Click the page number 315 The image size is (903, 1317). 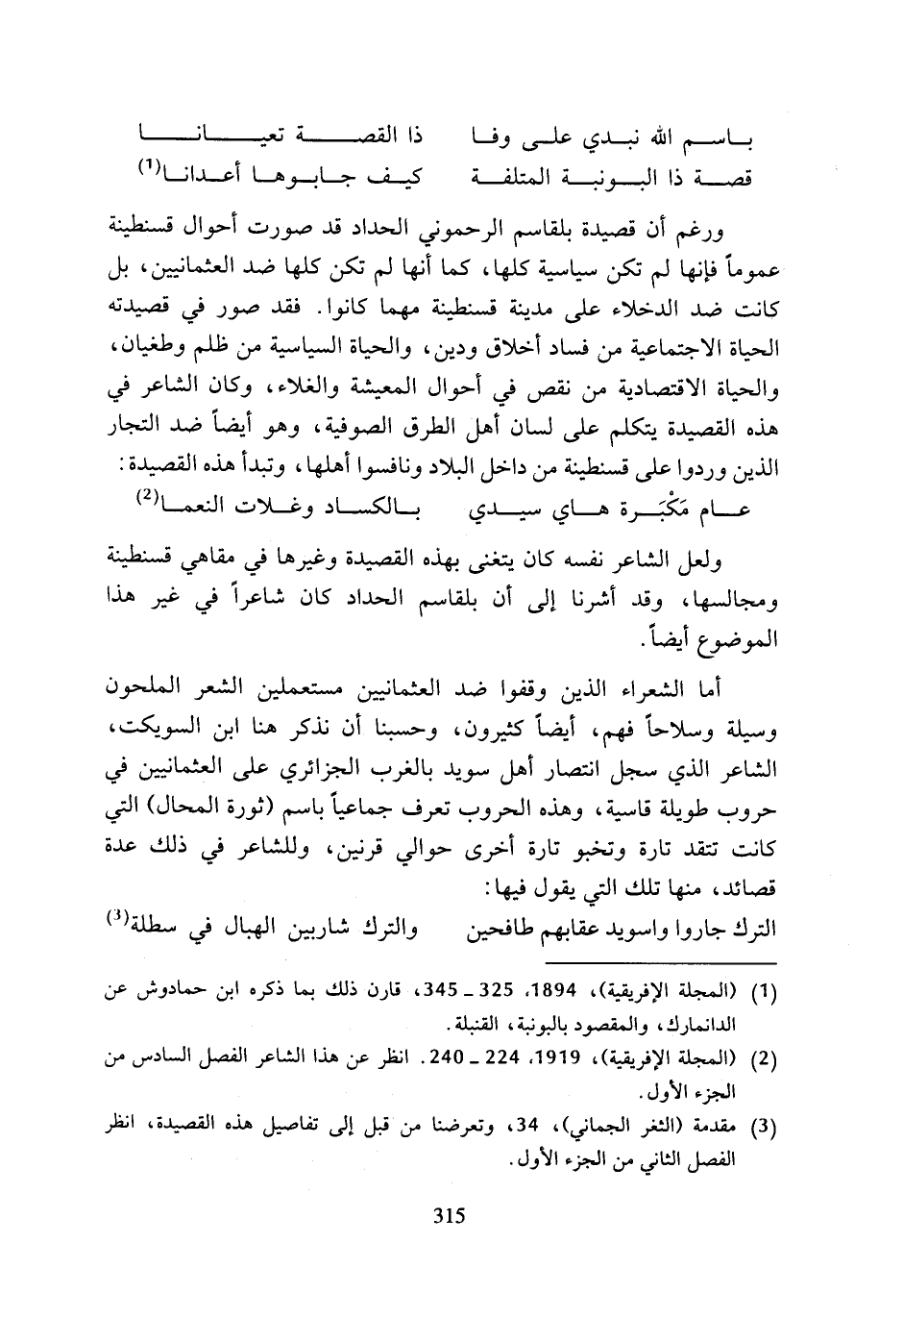point(449,1215)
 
